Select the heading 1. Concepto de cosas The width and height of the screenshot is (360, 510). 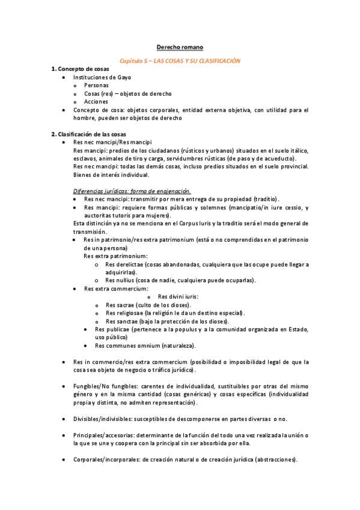click(84, 70)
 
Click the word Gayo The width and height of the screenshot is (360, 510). click(123, 78)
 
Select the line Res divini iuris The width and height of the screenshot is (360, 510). click(178, 296)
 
